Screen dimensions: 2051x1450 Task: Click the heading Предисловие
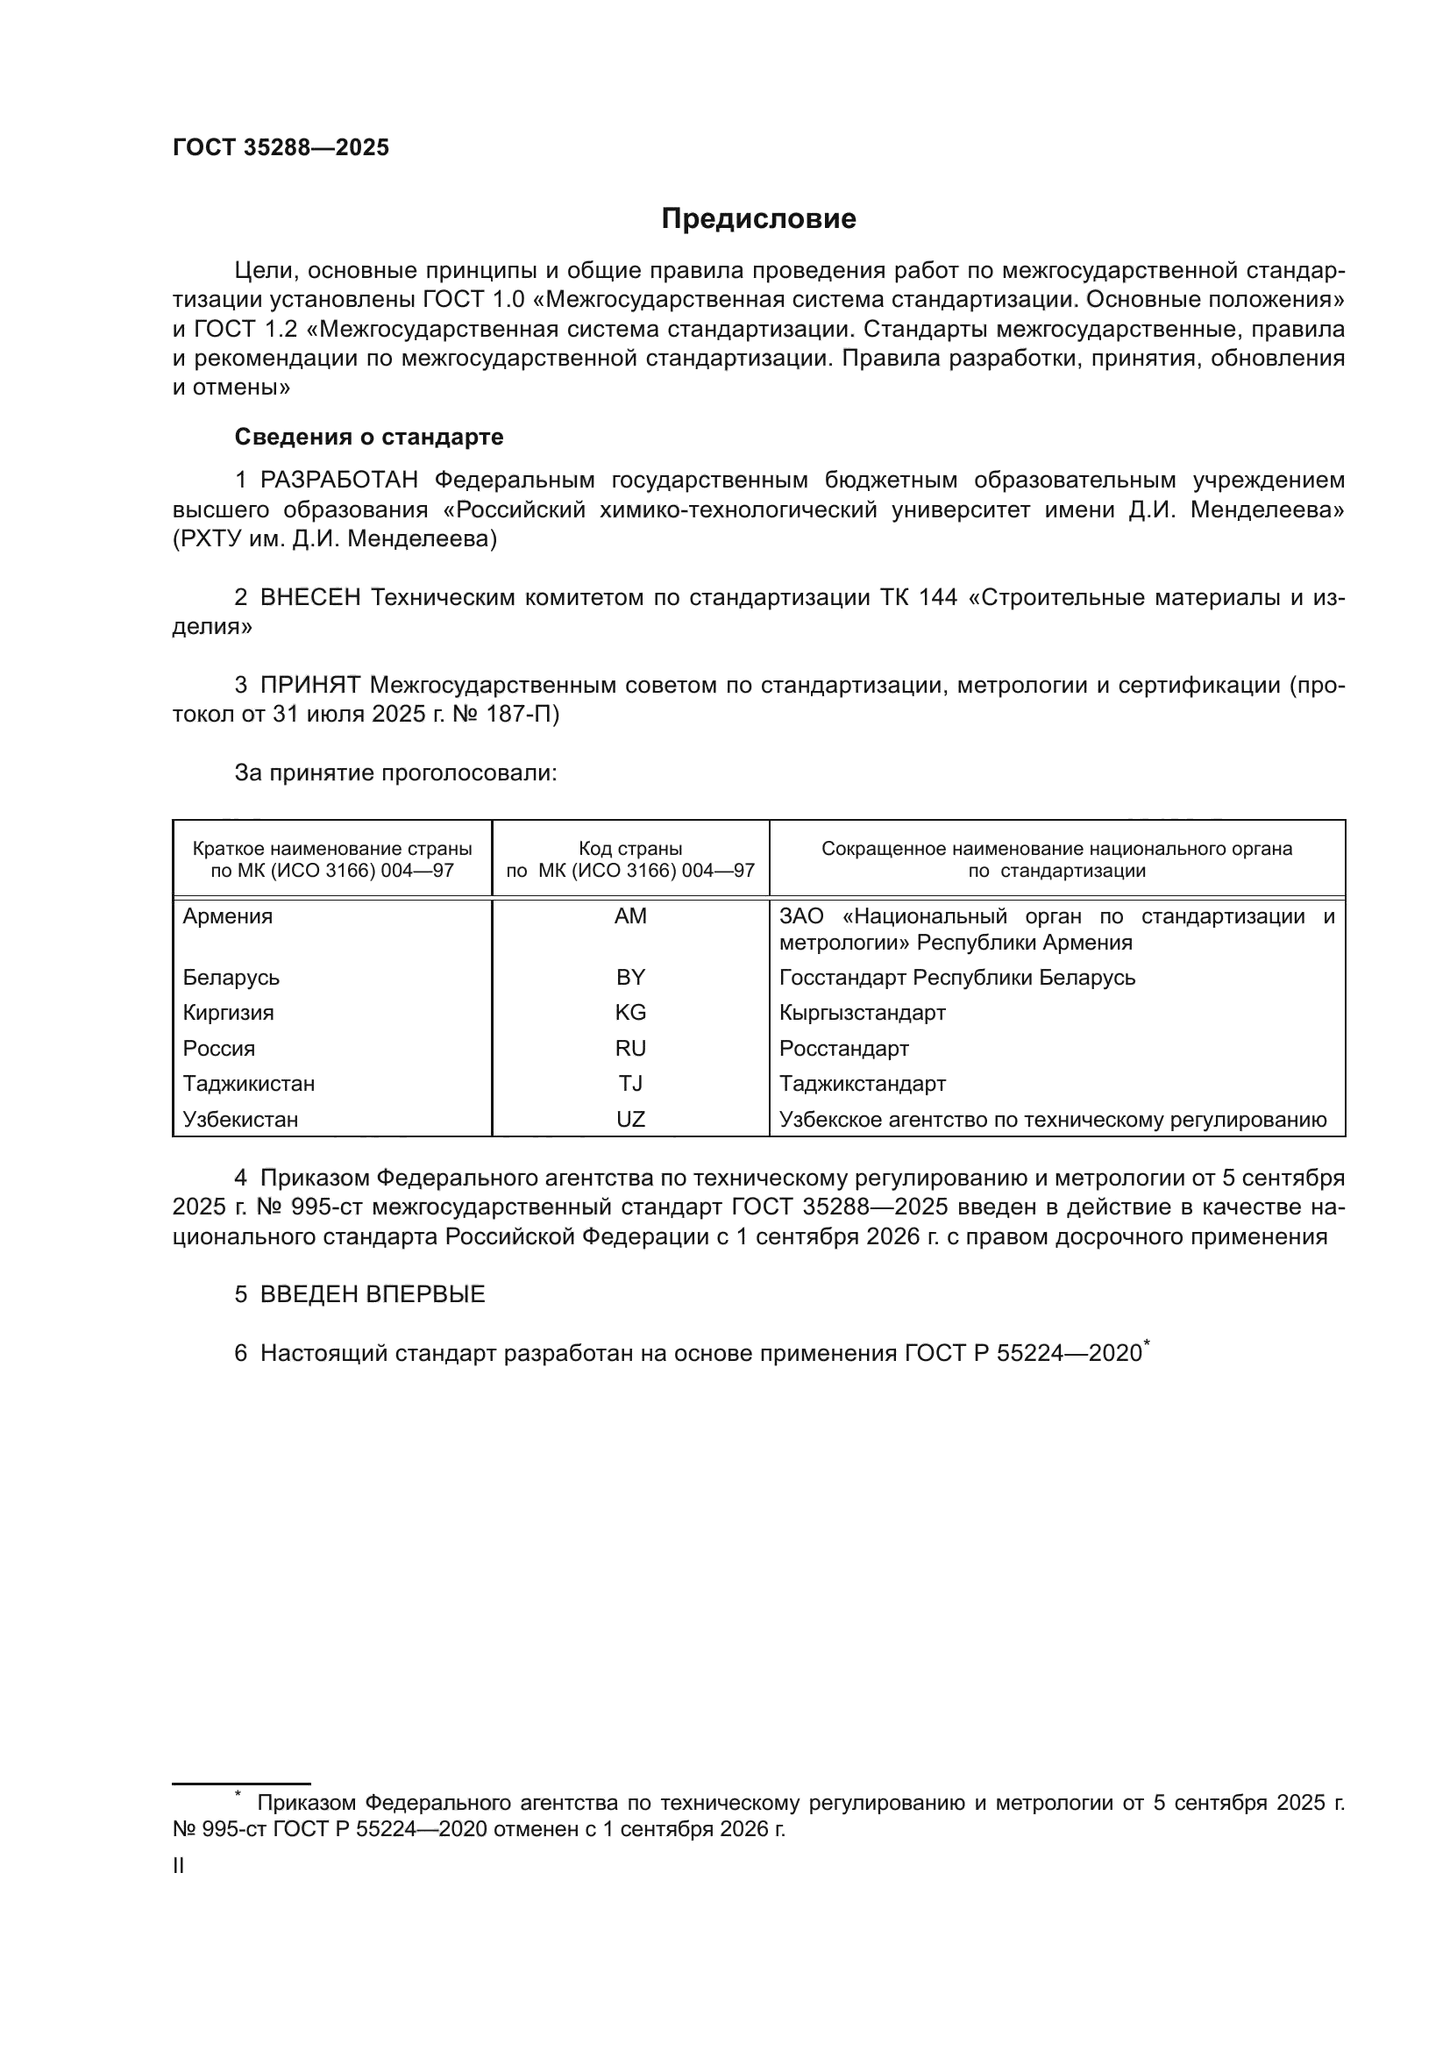point(758,219)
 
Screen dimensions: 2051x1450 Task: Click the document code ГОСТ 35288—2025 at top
point(281,148)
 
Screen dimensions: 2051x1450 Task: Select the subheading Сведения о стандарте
point(369,437)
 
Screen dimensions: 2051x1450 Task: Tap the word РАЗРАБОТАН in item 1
point(339,481)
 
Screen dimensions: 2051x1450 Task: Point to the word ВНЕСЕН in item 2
point(309,598)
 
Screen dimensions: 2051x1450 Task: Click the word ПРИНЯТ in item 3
point(309,685)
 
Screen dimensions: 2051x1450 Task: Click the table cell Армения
point(228,916)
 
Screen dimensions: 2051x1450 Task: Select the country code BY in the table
point(630,977)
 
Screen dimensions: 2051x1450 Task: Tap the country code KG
point(630,1013)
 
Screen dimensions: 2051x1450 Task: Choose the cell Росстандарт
point(843,1049)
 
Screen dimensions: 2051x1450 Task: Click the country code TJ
point(630,1084)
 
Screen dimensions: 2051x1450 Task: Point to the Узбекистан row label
point(240,1119)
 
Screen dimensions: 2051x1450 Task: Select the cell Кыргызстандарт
point(863,1013)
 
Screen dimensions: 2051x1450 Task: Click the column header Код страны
point(630,849)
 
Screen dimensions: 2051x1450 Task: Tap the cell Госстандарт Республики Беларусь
point(957,977)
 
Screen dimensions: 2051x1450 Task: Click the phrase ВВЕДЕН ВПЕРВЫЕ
point(373,1294)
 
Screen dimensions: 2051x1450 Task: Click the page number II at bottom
point(179,1865)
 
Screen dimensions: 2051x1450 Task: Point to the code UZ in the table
point(630,1119)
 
